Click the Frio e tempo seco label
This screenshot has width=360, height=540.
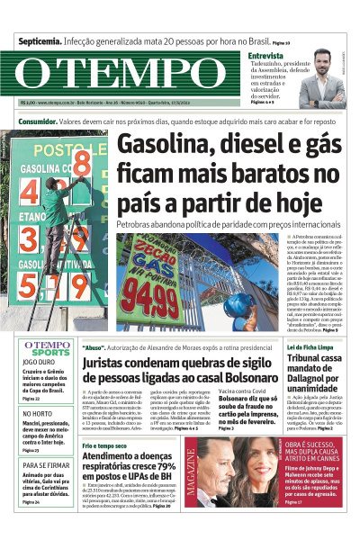point(105,446)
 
